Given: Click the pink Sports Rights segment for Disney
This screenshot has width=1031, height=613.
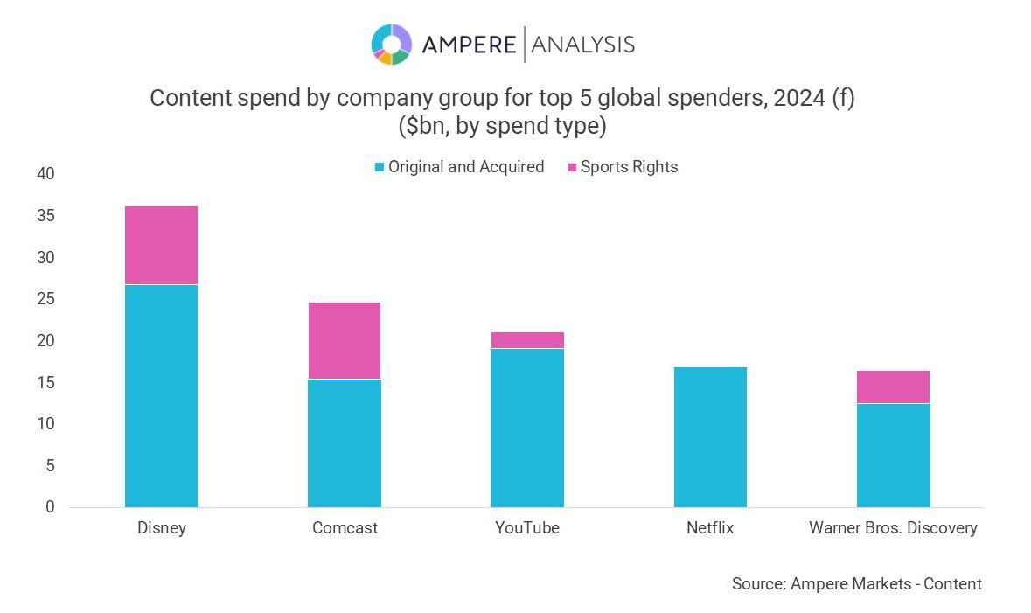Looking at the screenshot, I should pyautogui.click(x=161, y=245).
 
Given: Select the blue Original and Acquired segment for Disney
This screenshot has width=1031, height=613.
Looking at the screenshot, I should pyautogui.click(x=161, y=395).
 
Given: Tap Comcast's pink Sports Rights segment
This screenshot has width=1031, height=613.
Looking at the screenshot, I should pyautogui.click(x=344, y=340).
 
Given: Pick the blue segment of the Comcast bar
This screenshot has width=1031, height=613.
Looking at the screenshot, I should pyautogui.click(x=344, y=442).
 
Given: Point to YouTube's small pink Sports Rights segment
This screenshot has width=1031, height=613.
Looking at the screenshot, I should pyautogui.click(x=526, y=340).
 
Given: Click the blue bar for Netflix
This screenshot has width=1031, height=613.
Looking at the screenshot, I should pyautogui.click(x=710, y=436).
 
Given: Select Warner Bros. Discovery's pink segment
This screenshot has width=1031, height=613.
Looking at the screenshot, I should pyautogui.click(x=893, y=387).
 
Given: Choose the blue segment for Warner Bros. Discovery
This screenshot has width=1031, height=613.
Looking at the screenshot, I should pyautogui.click(x=893, y=455).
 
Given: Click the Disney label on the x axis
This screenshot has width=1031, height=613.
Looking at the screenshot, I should pyautogui.click(x=162, y=528).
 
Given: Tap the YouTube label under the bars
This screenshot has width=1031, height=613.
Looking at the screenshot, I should pyautogui.click(x=526, y=528).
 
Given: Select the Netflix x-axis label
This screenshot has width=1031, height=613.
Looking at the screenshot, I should pyautogui.click(x=710, y=528).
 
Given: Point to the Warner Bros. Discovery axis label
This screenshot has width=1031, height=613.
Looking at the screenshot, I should pyautogui.click(x=893, y=528).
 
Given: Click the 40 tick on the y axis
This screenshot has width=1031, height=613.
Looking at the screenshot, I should pyautogui.click(x=45, y=174).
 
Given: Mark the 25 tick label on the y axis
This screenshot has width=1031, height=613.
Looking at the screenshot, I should pyautogui.click(x=45, y=299).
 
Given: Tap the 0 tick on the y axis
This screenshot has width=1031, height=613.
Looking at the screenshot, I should pyautogui.click(x=50, y=507).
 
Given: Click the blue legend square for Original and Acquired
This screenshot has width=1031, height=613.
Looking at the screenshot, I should pyautogui.click(x=379, y=167).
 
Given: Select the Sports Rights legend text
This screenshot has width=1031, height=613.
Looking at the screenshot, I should pyautogui.click(x=629, y=167).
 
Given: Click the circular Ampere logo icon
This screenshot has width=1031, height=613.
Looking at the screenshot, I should pyautogui.click(x=391, y=44).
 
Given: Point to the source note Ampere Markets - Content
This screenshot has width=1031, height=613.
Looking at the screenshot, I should pyautogui.click(x=856, y=583).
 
